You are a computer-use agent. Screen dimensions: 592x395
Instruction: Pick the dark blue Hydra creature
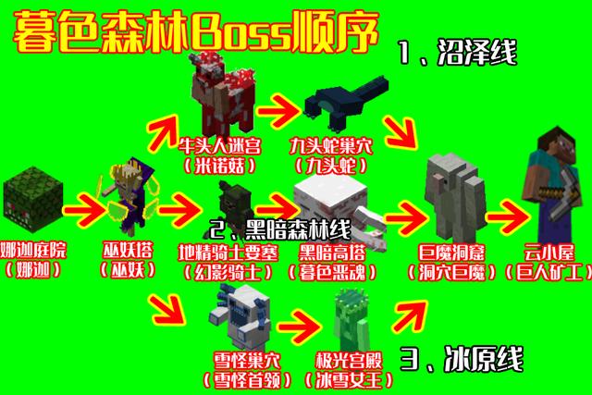[346, 100]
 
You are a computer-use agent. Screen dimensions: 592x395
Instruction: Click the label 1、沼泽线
[458, 52]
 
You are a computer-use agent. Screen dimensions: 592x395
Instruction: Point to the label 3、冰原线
[462, 359]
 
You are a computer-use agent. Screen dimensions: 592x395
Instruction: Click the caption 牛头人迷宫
[220, 146]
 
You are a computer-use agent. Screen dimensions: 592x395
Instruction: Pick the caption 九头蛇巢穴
[331, 146]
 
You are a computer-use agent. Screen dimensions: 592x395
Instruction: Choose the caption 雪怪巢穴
[247, 361]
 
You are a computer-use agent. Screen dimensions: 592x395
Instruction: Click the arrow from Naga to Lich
[82, 211]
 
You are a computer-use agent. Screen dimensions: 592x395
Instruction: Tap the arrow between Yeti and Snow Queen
[299, 327]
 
